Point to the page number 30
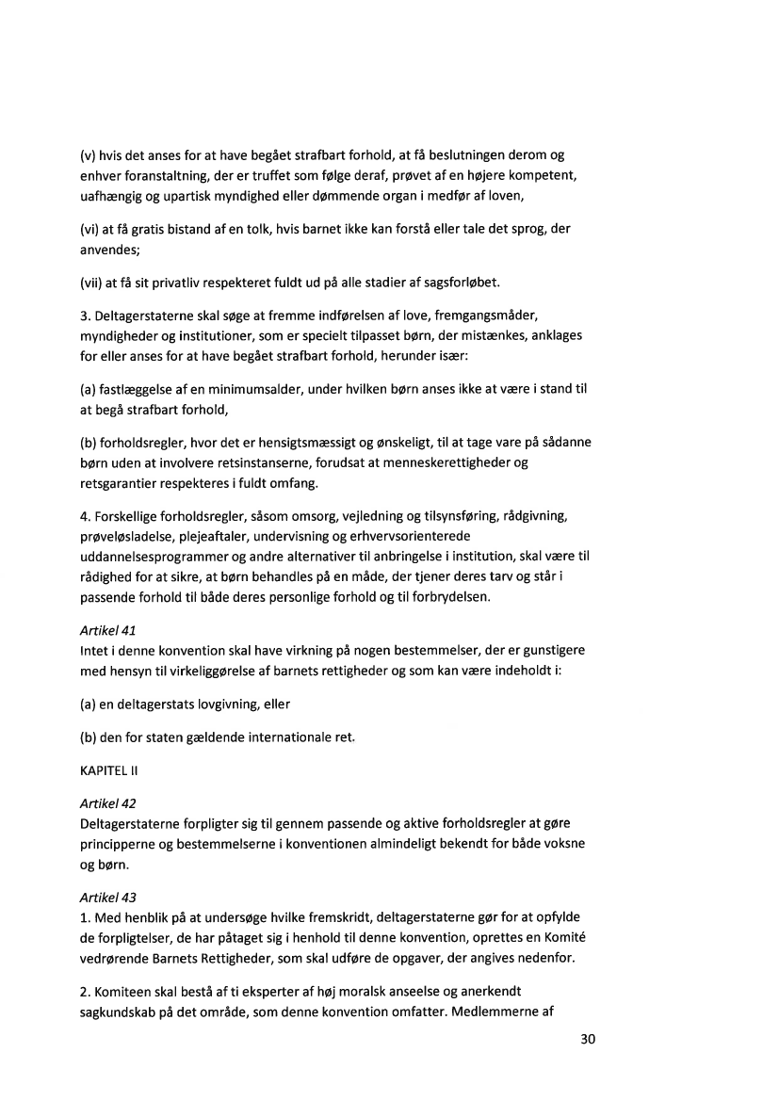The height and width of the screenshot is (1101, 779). pyautogui.click(x=589, y=1040)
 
